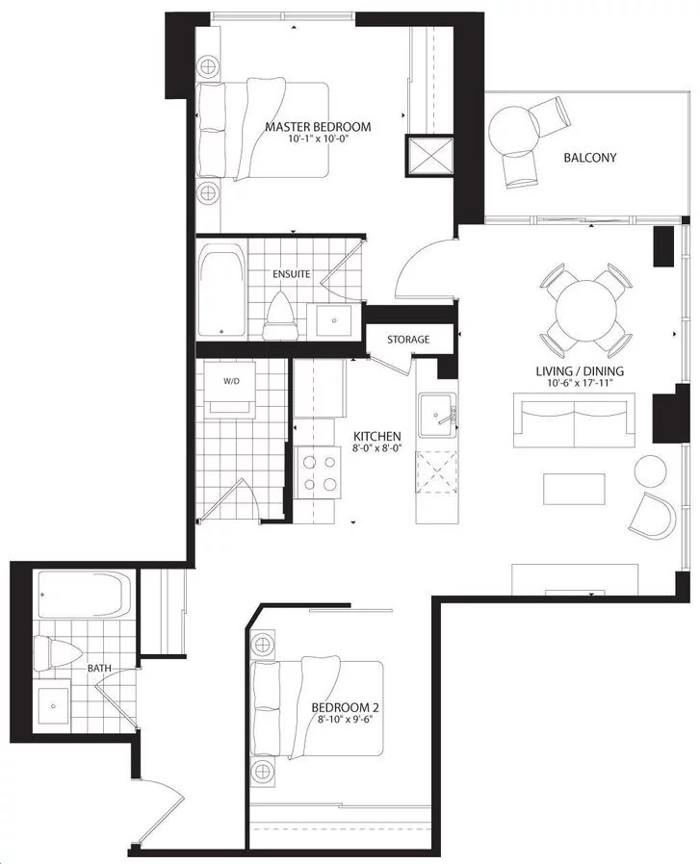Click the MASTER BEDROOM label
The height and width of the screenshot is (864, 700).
[318, 127]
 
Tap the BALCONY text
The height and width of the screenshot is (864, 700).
[589, 158]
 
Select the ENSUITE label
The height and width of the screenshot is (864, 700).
[291, 274]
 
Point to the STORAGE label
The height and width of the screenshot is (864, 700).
[408, 340]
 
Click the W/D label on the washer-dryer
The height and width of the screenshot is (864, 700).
[232, 381]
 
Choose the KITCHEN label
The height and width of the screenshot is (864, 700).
[377, 436]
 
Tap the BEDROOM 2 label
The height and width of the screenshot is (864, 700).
[345, 707]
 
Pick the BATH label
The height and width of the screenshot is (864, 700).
[99, 669]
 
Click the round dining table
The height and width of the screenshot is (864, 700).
[585, 311]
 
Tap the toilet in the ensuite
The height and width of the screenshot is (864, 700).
[282, 317]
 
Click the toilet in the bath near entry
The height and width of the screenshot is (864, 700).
[58, 654]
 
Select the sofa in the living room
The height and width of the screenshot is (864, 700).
[574, 419]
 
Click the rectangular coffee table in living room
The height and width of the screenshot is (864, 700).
[574, 489]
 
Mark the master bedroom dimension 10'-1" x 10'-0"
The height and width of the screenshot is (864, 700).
[320, 139]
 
